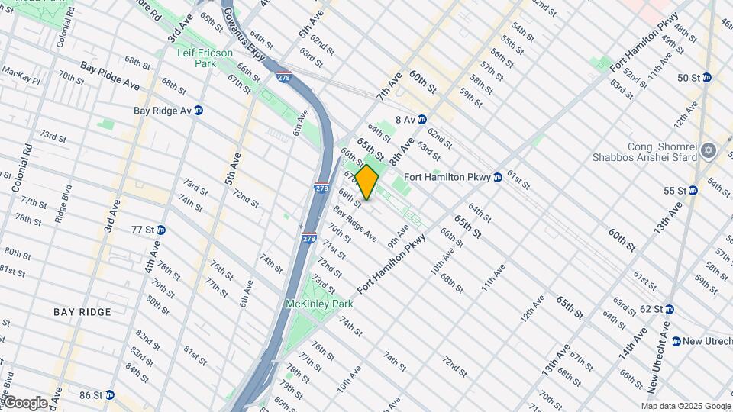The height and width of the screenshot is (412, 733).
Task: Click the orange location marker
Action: click(367, 182)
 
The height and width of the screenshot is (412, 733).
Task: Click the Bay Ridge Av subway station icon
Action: click(199, 110)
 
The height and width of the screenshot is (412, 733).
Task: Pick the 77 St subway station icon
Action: click(160, 230)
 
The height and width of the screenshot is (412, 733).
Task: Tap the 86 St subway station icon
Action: click(109, 395)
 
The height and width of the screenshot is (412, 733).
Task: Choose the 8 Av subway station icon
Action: click(421, 120)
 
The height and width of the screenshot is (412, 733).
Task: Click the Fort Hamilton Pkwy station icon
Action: click(497, 177)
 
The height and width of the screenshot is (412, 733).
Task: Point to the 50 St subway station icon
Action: click(707, 78)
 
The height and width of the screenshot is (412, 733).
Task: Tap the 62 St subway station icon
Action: click(669, 309)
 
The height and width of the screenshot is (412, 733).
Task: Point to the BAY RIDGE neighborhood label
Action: click(82, 312)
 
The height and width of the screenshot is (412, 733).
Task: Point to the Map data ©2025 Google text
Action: click(685, 406)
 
